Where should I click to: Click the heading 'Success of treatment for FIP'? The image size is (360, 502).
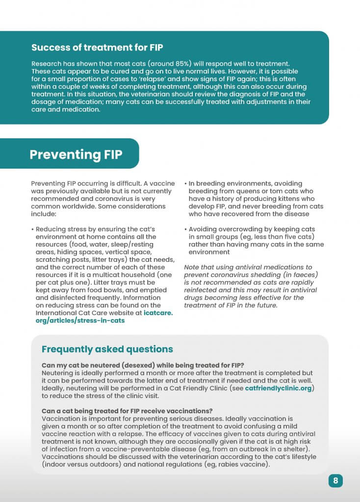(97, 48)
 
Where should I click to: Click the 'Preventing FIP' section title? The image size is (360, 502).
(76, 154)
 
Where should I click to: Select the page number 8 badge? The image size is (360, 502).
(335, 480)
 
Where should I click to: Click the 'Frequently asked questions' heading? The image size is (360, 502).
(107, 349)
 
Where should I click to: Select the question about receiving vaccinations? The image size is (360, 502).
(130, 411)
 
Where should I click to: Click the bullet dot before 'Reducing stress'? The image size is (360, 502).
(32, 229)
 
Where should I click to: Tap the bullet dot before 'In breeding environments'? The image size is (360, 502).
(185, 184)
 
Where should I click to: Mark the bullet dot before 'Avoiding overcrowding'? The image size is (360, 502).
(185, 229)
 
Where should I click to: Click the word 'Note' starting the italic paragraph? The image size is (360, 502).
(192, 268)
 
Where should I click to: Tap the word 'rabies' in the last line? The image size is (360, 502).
(229, 464)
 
